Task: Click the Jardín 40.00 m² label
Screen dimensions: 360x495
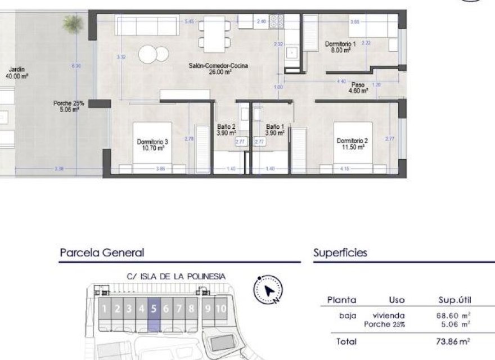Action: pyautogui.click(x=11, y=73)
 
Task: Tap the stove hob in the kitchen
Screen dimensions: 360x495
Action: pyautogui.click(x=277, y=21)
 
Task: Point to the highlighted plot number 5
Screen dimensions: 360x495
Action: pyautogui.click(x=154, y=308)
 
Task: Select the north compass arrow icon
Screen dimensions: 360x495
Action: pyautogui.click(x=269, y=290)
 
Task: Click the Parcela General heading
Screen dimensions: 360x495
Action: pyautogui.click(x=102, y=253)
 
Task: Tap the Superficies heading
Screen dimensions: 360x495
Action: pyautogui.click(x=340, y=253)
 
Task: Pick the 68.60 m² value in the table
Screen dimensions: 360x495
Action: pyautogui.click(x=453, y=316)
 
